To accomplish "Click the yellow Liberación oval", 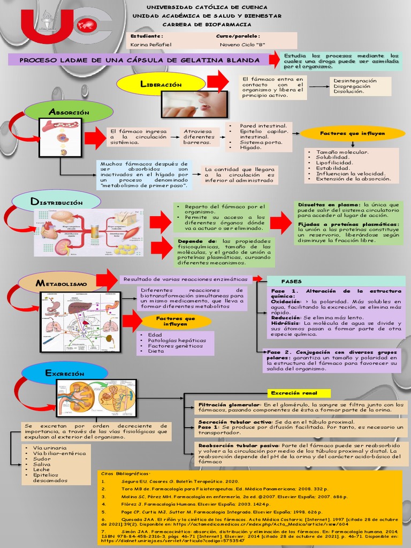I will pos(161,85).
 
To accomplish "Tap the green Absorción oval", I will pos(69,111).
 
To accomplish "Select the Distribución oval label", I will pos(56,202).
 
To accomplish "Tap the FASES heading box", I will pos(292,281).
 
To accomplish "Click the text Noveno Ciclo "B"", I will pos(240,44).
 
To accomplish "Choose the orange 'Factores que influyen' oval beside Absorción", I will pos(352,133).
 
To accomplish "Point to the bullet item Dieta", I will pos(156,352).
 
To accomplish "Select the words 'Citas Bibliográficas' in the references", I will pos(125,474).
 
